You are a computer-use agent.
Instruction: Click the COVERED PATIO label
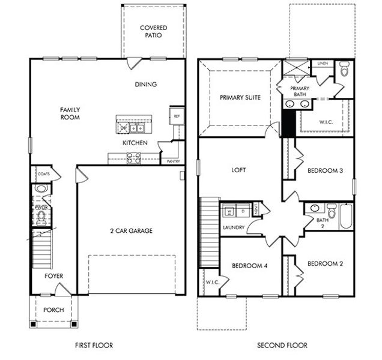coord(153,32)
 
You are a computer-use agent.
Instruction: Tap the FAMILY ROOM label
coord(70,113)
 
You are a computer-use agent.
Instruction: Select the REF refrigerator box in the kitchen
coord(177,116)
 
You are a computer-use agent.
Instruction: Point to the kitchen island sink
coord(129,127)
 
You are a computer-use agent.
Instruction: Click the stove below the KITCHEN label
coord(134,159)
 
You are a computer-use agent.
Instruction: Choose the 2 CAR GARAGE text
coord(130,230)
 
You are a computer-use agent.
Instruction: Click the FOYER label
coord(54,276)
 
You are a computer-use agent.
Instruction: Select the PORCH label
coord(53,310)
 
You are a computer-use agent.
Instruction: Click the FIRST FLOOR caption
coord(94,345)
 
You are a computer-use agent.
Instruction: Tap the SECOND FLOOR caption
coord(282,345)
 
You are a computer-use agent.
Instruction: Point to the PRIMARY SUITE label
coord(240,97)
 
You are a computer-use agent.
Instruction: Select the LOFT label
coord(239,170)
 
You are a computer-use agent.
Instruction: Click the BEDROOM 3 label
coord(325,170)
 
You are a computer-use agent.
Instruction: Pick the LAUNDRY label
coord(234,228)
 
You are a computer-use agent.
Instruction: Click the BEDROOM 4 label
coord(250,266)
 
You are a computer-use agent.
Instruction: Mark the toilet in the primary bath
coord(344,70)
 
